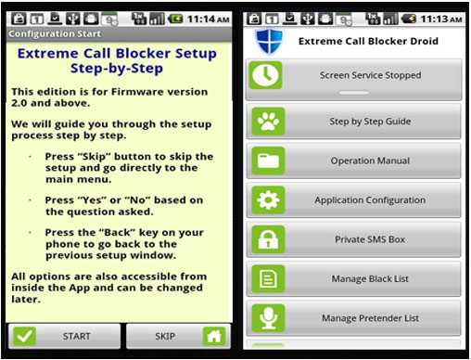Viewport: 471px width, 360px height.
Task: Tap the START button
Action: coord(64,336)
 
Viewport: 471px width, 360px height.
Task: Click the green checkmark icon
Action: coord(24,336)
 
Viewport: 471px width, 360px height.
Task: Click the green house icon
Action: coord(214,336)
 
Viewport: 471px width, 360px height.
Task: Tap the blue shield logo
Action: coord(269,42)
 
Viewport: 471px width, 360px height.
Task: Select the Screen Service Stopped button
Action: coord(353,80)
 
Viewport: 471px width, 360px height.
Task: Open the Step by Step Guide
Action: coord(353,122)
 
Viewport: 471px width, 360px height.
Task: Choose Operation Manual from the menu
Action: coord(353,161)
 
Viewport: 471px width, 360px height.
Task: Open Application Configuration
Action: coord(353,200)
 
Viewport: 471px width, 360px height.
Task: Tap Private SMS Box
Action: coord(353,239)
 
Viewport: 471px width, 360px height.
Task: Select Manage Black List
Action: coord(353,278)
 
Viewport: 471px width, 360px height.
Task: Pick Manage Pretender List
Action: coord(353,318)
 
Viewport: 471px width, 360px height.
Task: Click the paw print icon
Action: coord(268,122)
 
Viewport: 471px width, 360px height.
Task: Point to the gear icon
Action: coord(268,200)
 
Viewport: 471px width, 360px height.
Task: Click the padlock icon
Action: coord(268,239)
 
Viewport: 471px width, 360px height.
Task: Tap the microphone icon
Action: coord(268,318)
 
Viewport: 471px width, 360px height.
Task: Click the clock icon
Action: coord(266,75)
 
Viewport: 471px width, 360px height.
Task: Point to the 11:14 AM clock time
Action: coord(208,19)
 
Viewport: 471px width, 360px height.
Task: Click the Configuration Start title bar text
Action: coord(55,33)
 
